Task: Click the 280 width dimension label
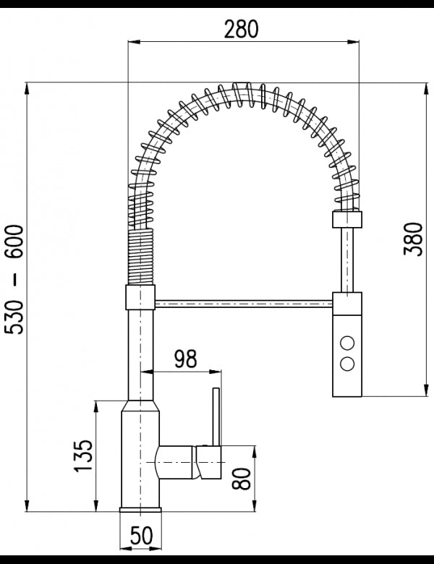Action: (241, 28)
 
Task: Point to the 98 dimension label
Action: (187, 358)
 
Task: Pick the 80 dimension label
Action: (242, 477)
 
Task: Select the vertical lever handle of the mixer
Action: (214, 417)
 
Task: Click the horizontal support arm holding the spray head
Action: (243, 302)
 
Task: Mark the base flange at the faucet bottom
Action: (140, 514)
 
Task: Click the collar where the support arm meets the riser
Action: (140, 296)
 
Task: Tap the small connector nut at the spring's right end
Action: (346, 220)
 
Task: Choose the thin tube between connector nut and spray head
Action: (346, 260)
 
